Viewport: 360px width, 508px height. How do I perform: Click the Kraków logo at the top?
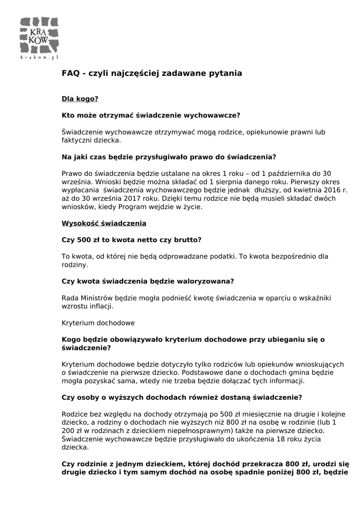(x=39, y=37)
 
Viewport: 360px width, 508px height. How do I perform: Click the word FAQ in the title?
(x=71, y=73)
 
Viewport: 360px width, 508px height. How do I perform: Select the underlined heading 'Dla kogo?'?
(x=80, y=99)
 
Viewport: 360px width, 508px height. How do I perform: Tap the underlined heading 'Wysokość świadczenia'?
(x=104, y=223)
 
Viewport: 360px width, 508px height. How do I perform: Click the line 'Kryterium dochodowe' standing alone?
(x=98, y=323)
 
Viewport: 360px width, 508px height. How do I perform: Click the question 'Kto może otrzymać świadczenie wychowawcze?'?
(x=150, y=115)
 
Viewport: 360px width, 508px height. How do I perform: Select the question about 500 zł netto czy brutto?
(x=131, y=240)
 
